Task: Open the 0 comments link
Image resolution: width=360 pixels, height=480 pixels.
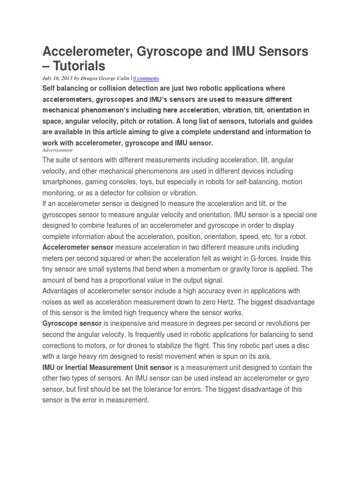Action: pyautogui.click(x=146, y=78)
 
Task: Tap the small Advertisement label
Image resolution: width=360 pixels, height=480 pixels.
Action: pyautogui.click(x=58, y=150)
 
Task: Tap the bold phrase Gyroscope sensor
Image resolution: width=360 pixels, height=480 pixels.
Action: pyautogui.click(x=72, y=324)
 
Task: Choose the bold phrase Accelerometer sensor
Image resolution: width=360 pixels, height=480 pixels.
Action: pyautogui.click(x=78, y=247)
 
